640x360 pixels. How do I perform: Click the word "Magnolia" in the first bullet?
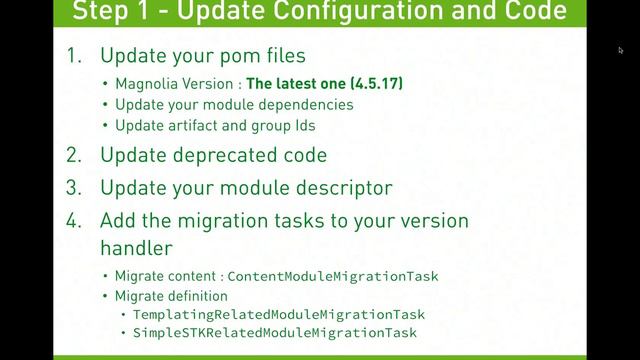pyautogui.click(x=145, y=84)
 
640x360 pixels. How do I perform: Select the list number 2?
pyautogui.click(x=73, y=155)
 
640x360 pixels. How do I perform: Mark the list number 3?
pyautogui.click(x=73, y=187)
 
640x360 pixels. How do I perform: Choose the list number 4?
pyautogui.click(x=73, y=220)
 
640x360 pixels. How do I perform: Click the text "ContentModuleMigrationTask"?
pyautogui.click(x=333, y=275)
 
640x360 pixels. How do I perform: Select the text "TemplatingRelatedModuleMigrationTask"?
pyautogui.click(x=279, y=314)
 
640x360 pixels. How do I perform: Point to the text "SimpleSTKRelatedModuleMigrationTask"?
pyautogui.click(x=275, y=332)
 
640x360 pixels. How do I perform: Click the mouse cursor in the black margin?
pyautogui.click(x=620, y=49)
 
